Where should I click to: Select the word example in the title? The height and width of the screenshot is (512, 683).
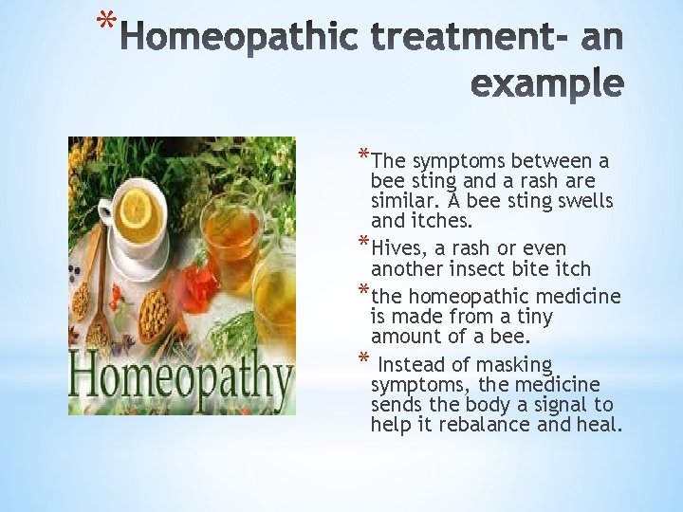547,84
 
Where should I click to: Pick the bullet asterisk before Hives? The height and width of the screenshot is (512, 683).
363,245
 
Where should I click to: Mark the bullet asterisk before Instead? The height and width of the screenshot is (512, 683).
363,359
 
